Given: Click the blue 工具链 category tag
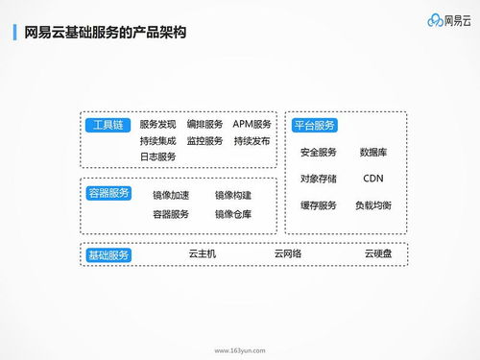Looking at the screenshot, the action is (x=106, y=125).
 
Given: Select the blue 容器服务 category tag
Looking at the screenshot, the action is (x=108, y=192).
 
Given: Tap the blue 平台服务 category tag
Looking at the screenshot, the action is (x=314, y=125).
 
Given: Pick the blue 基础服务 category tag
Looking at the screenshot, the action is (x=108, y=255).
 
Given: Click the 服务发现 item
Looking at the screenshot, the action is (x=157, y=125).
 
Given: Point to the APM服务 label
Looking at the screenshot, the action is (x=252, y=125).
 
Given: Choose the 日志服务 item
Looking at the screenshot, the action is (x=157, y=156).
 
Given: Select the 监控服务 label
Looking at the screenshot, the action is (x=204, y=141).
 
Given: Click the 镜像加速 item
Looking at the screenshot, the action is (x=171, y=195).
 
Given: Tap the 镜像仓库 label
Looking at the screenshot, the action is (x=233, y=214).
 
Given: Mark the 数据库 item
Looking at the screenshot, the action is (x=373, y=152).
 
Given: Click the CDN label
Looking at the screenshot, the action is (x=373, y=179).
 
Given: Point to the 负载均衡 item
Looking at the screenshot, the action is (x=372, y=205).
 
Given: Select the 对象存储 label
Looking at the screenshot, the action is (x=318, y=179).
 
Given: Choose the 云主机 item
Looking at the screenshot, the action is (x=202, y=254).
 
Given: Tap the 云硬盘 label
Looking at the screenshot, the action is (x=377, y=254).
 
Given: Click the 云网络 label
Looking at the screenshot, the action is (x=287, y=254).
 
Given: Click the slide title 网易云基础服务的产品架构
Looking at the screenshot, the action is (x=105, y=34).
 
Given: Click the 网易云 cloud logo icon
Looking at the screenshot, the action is (x=431, y=20).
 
